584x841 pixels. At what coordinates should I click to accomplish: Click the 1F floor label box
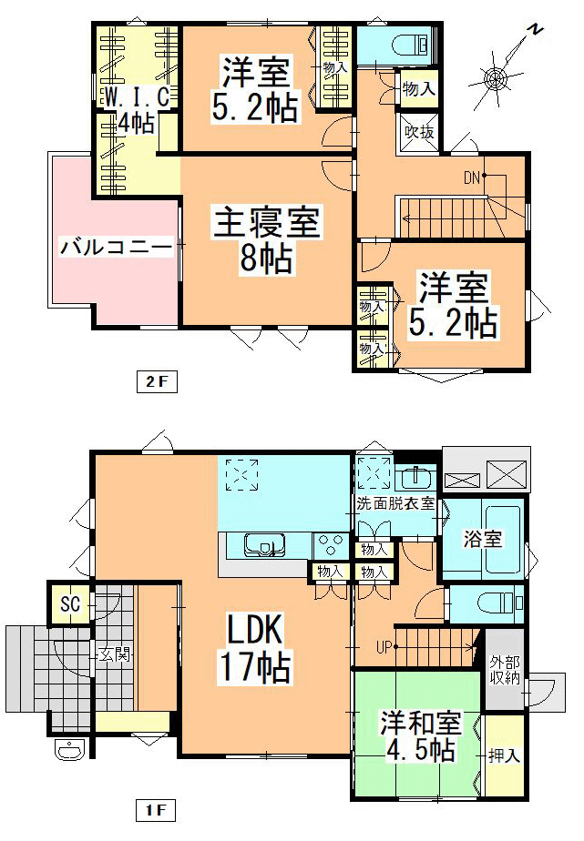tap(155, 808)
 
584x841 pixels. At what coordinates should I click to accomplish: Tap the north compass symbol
tap(497, 77)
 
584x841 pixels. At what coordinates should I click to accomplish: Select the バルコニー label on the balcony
tap(116, 247)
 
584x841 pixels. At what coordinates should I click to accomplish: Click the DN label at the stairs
tap(471, 177)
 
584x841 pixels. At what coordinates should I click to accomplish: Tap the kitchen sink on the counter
tap(263, 544)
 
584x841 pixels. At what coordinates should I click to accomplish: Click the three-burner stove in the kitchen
tap(329, 544)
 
